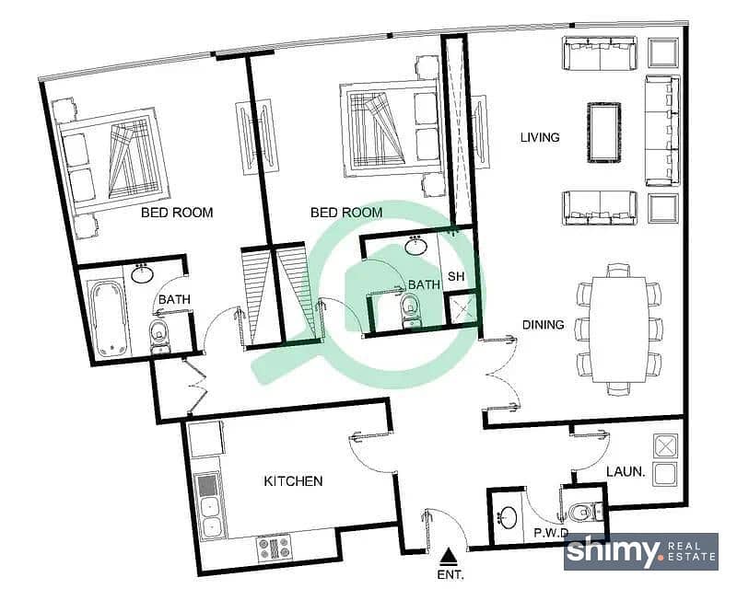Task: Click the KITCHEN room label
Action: point(293,481)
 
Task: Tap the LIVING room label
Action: point(540,138)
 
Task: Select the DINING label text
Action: point(544,325)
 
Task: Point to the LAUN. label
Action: point(626,471)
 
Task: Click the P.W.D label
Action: point(551,533)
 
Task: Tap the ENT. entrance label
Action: point(450,574)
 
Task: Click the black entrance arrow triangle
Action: point(450,556)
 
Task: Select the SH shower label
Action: point(456,276)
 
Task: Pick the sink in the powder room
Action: point(507,517)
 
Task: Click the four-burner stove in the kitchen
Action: point(274,549)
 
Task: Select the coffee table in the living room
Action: point(604,133)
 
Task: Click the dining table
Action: point(619,329)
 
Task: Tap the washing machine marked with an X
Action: point(666,446)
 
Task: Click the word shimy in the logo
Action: point(613,551)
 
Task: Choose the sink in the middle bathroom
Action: point(415,246)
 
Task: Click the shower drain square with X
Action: point(462,309)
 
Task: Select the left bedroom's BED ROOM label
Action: point(177,213)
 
